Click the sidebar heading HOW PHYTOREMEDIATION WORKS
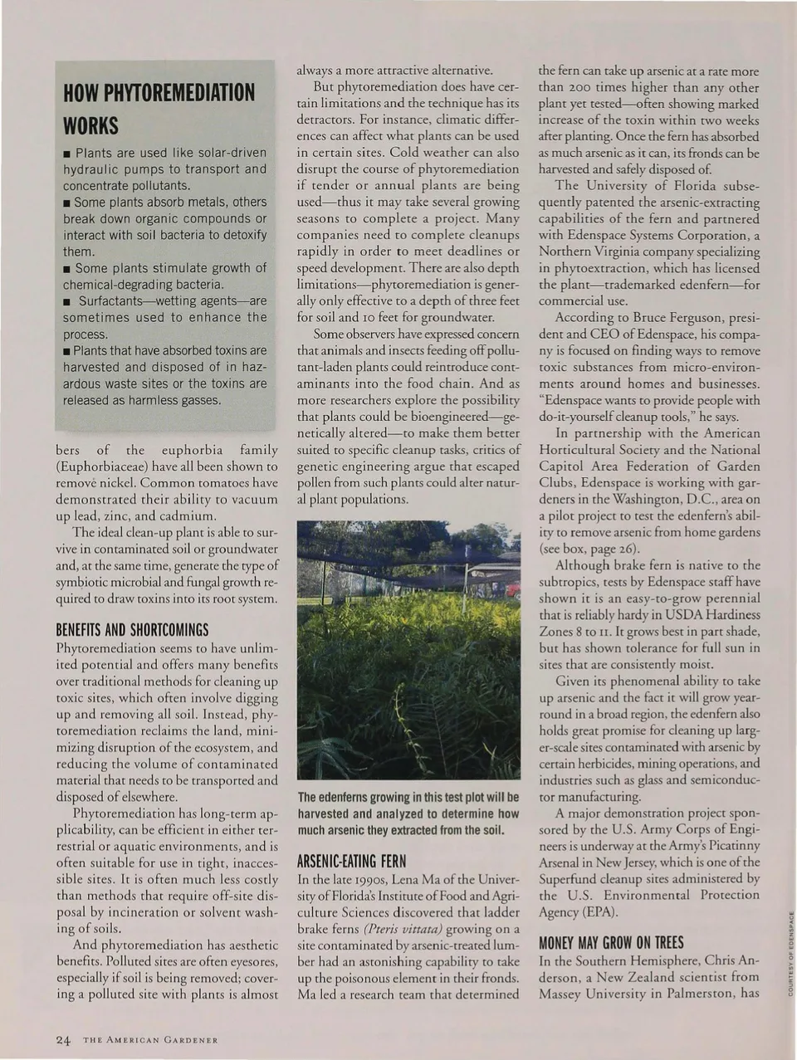pyautogui.click(x=159, y=108)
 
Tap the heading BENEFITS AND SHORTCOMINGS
pyautogui.click(x=132, y=629)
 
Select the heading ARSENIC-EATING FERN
pyautogui.click(x=351, y=860)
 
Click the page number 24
pyautogui.click(x=64, y=1040)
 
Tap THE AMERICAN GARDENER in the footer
pyautogui.click(x=150, y=1041)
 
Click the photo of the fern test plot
pyautogui.click(x=408, y=650)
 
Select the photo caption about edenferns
pyautogui.click(x=408, y=813)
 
